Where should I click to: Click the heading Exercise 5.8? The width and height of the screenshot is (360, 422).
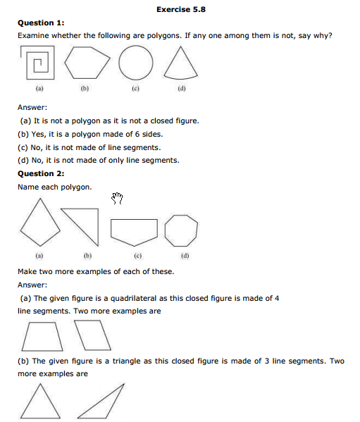(x=180, y=9)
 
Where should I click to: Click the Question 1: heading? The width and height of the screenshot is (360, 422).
(x=41, y=23)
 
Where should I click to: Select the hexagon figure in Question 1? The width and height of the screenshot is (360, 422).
(x=87, y=65)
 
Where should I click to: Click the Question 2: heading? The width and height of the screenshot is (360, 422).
(x=41, y=173)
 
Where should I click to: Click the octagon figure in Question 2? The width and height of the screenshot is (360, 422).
(x=181, y=230)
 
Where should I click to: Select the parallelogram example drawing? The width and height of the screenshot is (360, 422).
(x=94, y=335)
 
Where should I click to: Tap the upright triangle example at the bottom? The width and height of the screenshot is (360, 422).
(x=40, y=402)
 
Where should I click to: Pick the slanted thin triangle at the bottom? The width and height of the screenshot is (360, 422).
(x=103, y=402)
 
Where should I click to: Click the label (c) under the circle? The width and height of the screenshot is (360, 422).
(x=134, y=90)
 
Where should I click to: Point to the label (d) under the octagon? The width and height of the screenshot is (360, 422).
(x=185, y=255)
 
